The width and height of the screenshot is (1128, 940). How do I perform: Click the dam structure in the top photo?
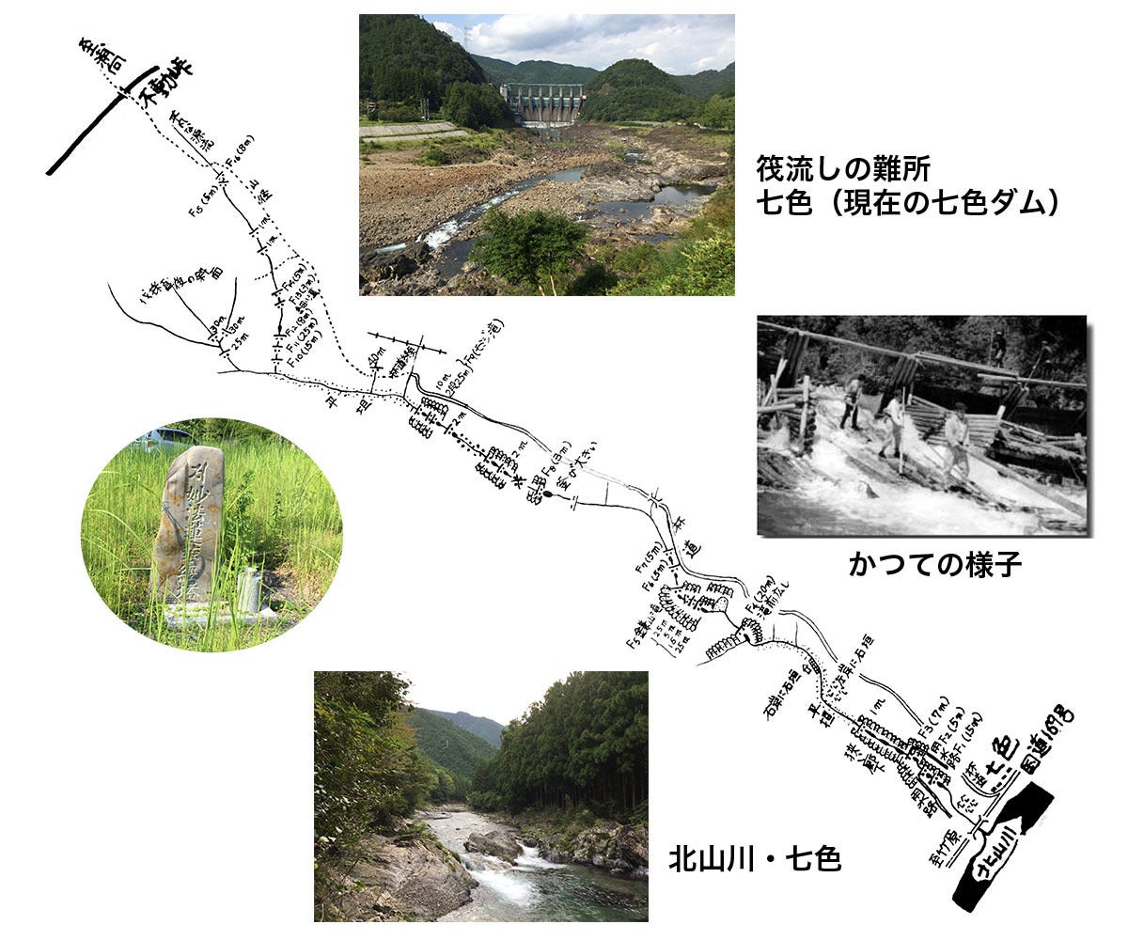click(543, 102)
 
